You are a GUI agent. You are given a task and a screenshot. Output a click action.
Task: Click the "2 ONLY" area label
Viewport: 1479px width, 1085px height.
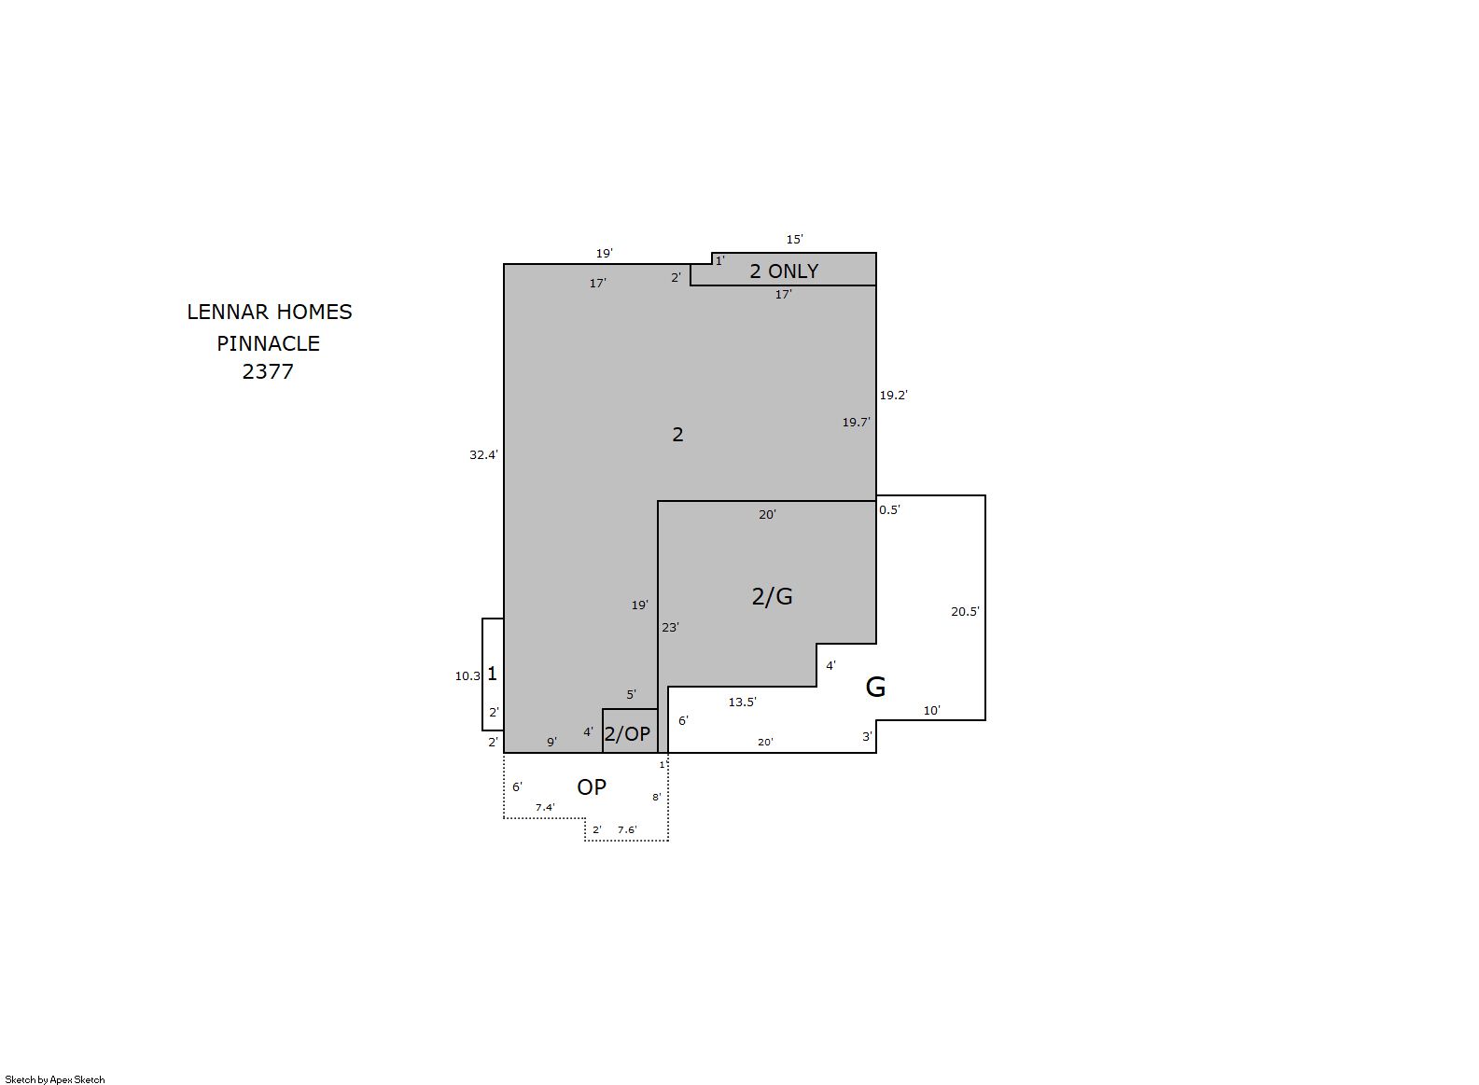coord(784,271)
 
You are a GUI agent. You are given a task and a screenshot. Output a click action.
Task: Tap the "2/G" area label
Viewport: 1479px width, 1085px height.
coord(772,596)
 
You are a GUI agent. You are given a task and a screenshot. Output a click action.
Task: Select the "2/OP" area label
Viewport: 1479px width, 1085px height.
coord(627,733)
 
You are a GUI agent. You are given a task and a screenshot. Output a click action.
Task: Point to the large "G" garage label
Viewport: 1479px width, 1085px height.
coord(875,687)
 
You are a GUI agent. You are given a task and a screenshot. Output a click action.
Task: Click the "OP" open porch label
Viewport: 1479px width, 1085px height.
coord(591,786)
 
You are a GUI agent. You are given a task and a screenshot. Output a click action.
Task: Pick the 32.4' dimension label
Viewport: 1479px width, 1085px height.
coord(483,454)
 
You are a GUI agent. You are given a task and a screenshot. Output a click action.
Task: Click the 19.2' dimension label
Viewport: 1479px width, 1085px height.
coord(893,396)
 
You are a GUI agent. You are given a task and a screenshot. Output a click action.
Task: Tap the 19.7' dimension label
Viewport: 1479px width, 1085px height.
coord(856,423)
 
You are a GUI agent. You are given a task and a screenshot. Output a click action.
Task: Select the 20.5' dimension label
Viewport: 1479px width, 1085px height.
coord(965,612)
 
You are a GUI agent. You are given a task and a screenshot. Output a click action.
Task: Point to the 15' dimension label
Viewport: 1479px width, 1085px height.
coord(794,239)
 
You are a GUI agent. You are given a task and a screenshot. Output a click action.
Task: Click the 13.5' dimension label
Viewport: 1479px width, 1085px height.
coord(742,702)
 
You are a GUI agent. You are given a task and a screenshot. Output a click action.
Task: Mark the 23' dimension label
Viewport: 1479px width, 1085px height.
coord(670,628)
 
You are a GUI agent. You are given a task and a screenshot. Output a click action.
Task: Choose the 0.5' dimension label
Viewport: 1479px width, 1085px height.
coord(889,509)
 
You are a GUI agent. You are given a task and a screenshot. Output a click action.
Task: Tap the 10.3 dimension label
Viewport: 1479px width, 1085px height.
coord(467,675)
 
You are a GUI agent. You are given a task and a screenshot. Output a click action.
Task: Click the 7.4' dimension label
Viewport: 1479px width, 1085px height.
coord(545,807)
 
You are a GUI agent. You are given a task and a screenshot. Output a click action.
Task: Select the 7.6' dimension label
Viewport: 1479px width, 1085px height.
coord(627,829)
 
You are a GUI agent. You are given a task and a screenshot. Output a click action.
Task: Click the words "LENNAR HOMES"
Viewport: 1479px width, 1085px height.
coord(270,312)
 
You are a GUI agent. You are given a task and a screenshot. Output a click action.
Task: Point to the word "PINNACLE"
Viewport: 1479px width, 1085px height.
coord(268,343)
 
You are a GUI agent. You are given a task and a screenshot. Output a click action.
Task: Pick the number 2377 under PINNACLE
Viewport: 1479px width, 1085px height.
coord(268,371)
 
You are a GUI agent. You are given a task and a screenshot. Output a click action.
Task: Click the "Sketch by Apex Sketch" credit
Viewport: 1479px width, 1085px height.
coord(55,1079)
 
